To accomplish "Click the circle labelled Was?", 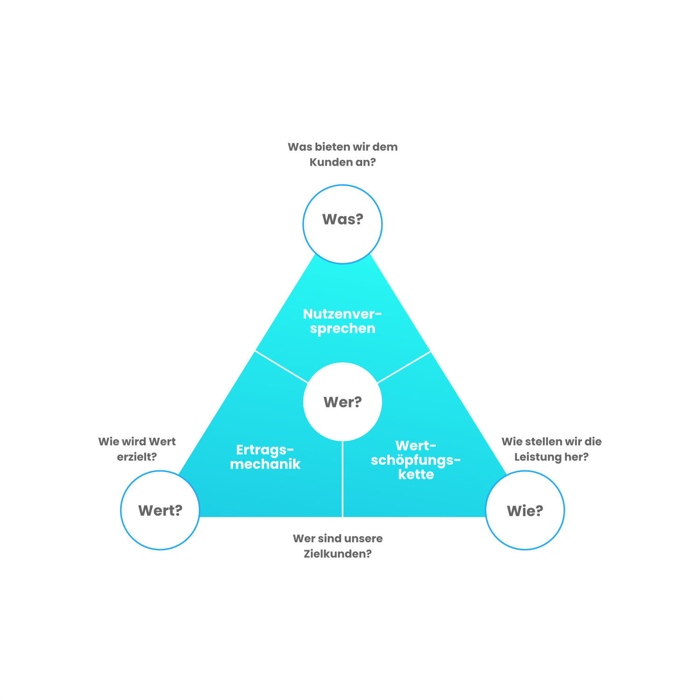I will pos(343,224).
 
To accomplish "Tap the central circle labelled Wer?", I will pos(343,402).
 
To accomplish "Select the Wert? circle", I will pos(160,510).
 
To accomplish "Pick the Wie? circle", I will pos(525,510).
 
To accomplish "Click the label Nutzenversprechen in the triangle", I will pos(343,321).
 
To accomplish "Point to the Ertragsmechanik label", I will pos(265,457).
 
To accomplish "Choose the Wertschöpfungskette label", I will pos(416,460).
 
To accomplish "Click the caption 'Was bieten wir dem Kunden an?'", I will pos(343,154).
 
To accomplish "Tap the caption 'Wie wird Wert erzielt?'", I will pos(137,449).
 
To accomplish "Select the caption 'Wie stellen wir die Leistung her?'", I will pos(551,449).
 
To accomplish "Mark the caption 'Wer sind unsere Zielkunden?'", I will pos(338,546).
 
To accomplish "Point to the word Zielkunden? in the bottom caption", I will pos(338,554).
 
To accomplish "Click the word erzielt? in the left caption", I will pos(137,457).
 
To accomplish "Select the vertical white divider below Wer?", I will pos(343,478).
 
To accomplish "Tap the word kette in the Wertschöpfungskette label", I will pos(416,475).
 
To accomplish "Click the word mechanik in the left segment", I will pos(265,464).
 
